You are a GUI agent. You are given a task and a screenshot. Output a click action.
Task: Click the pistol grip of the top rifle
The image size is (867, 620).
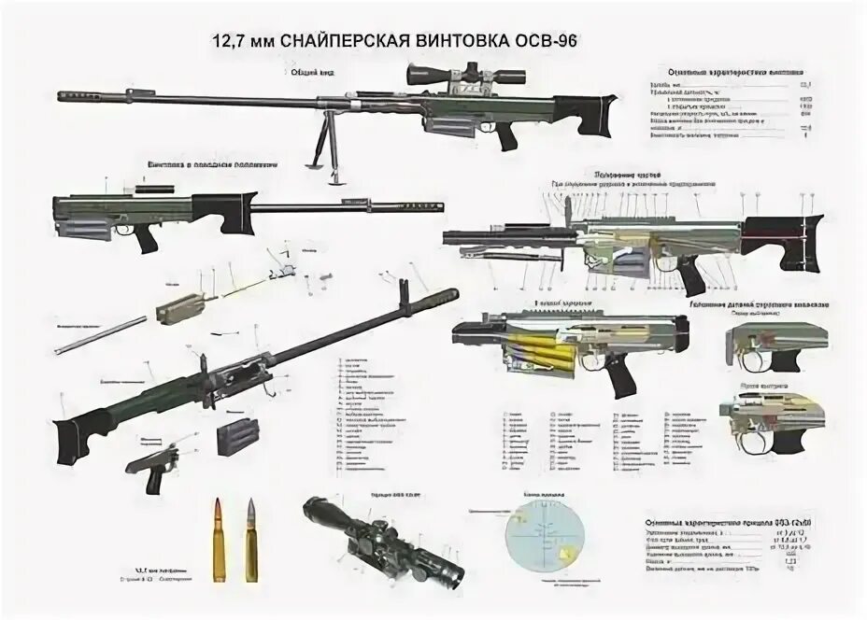click(x=505, y=136)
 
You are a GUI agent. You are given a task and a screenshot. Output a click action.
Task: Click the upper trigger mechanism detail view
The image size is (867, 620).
click(x=765, y=346)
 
